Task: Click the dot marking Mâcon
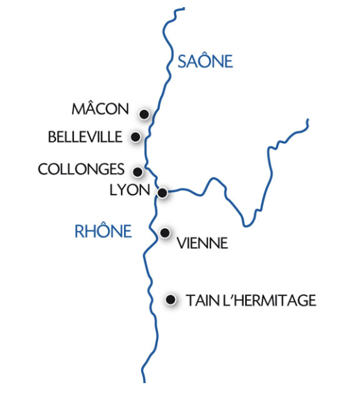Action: [144, 114]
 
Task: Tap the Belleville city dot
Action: [135, 137]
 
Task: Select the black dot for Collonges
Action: [138, 172]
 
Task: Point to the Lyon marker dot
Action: [162, 193]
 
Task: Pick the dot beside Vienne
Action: [165, 232]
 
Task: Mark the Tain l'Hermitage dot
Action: [170, 300]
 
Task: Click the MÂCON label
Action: [101, 109]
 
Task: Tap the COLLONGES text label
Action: [81, 169]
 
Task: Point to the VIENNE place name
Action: [202, 244]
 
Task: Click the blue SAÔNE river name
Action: [205, 62]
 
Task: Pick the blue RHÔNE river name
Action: [103, 231]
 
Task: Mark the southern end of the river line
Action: [142, 381]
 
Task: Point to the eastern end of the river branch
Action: [307, 120]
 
